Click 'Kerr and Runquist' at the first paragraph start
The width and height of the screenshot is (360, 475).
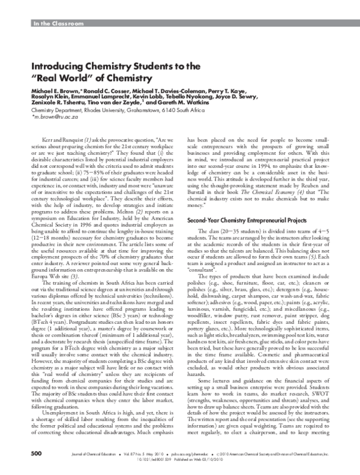[61, 155]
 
